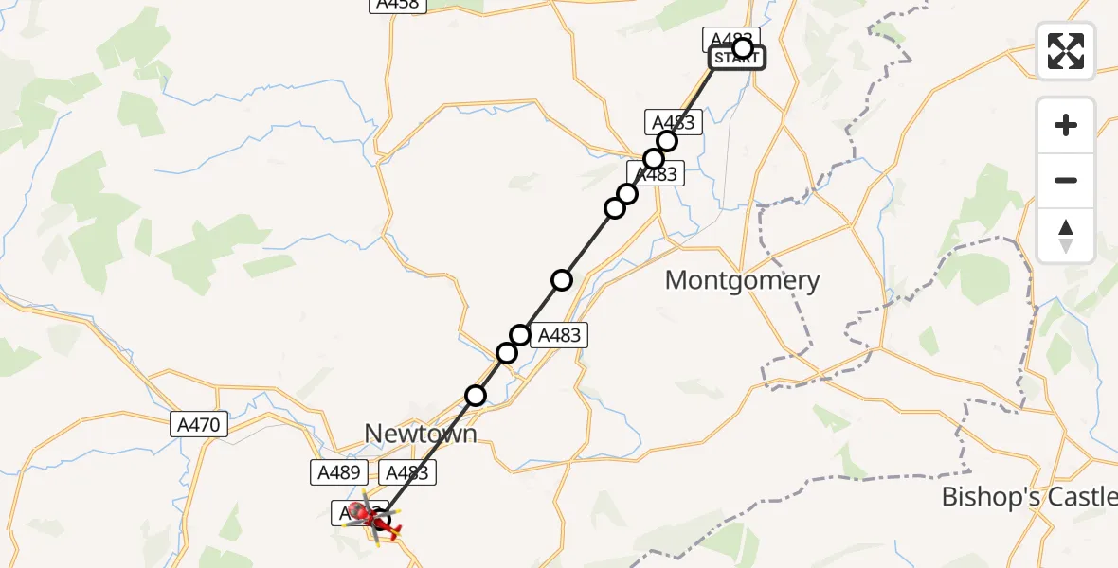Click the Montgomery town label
742,280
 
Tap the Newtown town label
421,434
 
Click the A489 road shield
335,471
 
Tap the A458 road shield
398,4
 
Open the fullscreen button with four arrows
1066,51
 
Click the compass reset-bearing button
1066,236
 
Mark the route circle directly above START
743,47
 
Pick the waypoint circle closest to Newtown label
476,395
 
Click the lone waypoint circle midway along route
562,279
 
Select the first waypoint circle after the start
667,141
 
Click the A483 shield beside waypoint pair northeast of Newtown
560,334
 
